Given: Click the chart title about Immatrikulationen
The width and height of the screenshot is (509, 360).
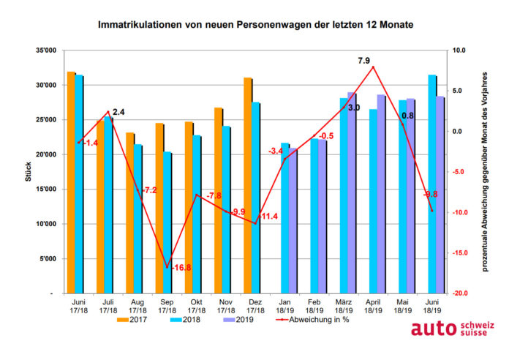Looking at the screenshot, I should click(255, 25).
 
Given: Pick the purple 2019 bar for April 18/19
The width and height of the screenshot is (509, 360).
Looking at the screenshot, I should click(381, 194).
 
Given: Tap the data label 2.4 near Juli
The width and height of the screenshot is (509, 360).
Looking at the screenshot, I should click(118, 112).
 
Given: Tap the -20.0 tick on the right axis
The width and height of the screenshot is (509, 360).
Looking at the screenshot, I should click(460, 293).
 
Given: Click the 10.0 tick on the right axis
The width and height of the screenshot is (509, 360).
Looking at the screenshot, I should click(459, 50).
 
